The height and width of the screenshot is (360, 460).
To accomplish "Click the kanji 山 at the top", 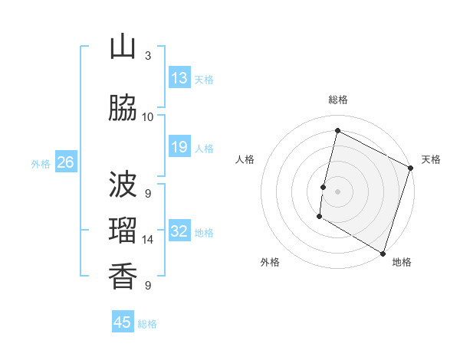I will pos(123,47).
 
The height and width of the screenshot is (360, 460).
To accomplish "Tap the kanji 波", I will pos(123,185).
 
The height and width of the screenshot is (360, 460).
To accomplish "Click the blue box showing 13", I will pos(179,78).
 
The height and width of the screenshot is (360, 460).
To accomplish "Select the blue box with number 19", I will pos(179,147).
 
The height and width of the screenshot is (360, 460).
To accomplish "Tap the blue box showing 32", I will pos(179,232).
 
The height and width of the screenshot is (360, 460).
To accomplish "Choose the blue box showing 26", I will pos(66,162).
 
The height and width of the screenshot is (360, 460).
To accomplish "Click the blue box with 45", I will pos(123,322).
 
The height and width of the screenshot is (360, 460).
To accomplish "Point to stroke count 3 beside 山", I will pos(148,56).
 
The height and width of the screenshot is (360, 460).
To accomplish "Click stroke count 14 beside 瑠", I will pos(148,240).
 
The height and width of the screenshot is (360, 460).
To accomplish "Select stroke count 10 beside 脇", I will pos(148,117).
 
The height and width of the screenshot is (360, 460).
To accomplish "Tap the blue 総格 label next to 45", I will pos(147,324).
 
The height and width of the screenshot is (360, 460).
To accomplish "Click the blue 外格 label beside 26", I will pos(41,163).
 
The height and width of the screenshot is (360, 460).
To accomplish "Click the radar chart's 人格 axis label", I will pos(245,159).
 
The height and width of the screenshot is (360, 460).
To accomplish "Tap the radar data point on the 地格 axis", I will pos(383,253).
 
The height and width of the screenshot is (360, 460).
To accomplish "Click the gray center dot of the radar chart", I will pos(337,191).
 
